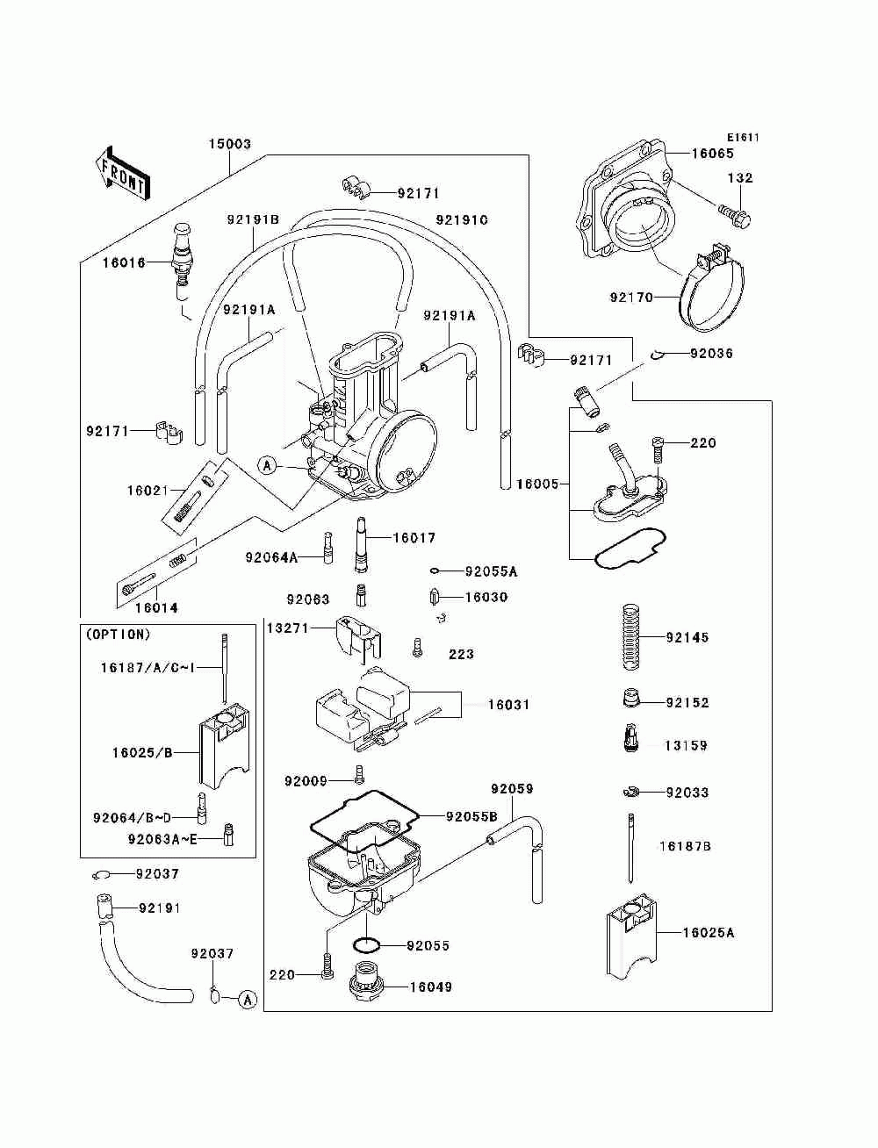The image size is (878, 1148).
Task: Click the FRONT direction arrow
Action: click(122, 173)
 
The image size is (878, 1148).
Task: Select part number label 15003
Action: click(230, 143)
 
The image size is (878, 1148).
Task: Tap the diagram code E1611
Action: click(742, 138)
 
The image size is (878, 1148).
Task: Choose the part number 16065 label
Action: click(712, 154)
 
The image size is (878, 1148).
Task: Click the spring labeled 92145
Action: click(634, 637)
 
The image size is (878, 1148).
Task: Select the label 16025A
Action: click(708, 932)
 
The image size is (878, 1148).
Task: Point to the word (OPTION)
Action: click(118, 635)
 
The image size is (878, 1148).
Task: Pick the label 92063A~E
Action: click(162, 839)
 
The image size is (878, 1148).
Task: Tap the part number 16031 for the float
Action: click(508, 705)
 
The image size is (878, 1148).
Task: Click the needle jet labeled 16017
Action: click(362, 544)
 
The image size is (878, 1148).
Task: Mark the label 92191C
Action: click(462, 220)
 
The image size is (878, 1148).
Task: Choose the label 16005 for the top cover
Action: click(537, 484)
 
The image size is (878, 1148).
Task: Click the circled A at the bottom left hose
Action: click(248, 1000)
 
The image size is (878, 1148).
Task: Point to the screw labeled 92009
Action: click(359, 789)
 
